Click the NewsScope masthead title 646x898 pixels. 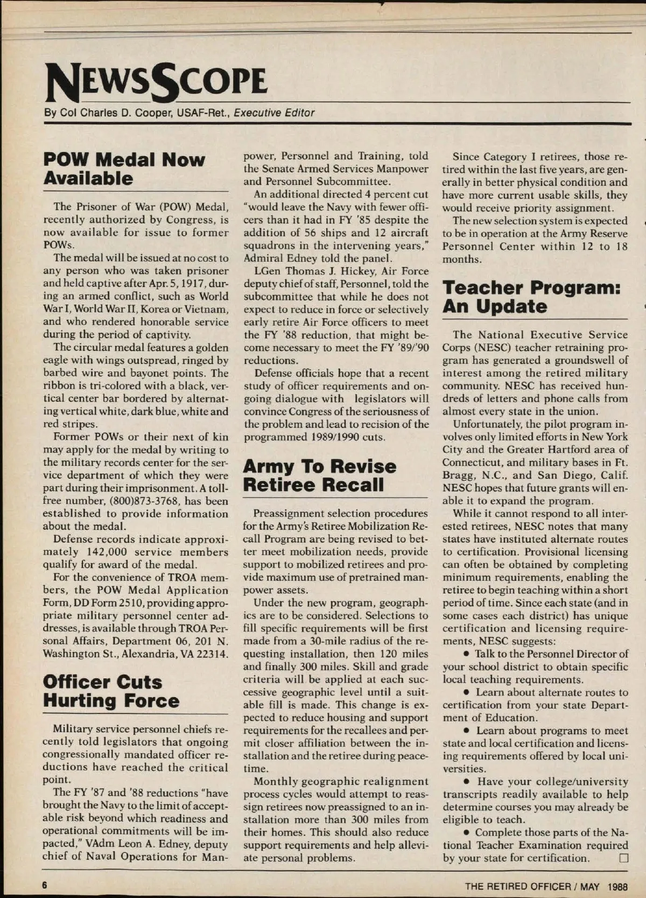(x=156, y=82)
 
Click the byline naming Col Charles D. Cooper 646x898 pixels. (x=179, y=113)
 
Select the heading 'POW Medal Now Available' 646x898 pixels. (x=124, y=169)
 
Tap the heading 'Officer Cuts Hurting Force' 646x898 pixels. (x=111, y=691)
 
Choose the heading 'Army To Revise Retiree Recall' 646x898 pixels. (x=320, y=475)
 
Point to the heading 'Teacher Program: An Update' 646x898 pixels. (x=531, y=297)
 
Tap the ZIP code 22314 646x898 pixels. (x=213, y=654)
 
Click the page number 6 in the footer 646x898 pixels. (x=46, y=886)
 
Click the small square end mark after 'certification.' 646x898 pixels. (x=623, y=858)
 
